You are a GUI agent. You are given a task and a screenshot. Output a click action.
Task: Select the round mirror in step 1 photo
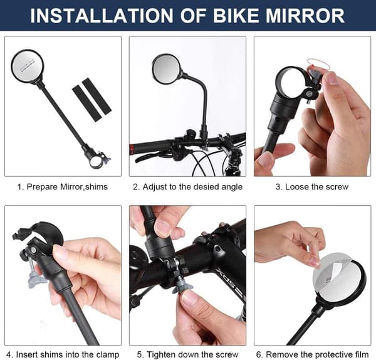28,65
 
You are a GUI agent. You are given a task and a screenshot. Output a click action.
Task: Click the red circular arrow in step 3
318,63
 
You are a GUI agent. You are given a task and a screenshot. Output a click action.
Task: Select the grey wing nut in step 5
182,286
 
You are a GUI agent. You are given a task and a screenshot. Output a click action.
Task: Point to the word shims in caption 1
96,187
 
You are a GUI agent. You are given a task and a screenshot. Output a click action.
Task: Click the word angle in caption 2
232,187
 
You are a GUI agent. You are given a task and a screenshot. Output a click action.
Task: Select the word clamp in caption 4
107,355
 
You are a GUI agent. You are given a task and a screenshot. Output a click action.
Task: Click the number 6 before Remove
258,355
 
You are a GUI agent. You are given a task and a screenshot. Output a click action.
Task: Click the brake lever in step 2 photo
147,157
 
